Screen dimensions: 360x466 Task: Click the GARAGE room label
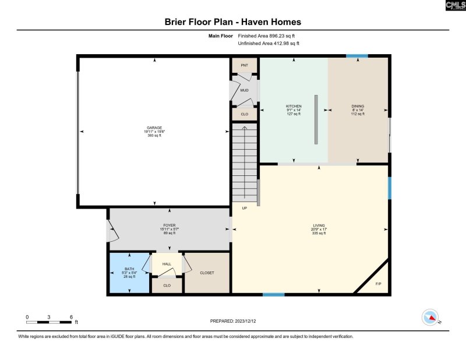point(154,128)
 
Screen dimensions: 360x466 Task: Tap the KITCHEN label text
point(294,106)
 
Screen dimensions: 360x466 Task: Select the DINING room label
point(358,106)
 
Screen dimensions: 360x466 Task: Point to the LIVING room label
point(319,225)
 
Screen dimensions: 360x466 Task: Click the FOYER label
point(170,225)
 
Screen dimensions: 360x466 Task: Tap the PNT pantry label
point(245,66)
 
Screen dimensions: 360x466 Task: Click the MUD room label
point(245,90)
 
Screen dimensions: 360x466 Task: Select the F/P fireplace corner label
point(378,284)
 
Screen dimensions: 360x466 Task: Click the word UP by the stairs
point(245,208)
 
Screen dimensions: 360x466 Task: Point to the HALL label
point(167,264)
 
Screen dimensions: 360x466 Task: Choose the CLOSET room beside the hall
point(207,272)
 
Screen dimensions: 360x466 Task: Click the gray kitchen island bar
point(316,119)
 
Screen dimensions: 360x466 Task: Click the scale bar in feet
point(49,321)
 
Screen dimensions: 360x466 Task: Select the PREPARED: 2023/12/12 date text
point(232,321)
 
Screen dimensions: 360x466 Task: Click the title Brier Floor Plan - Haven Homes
point(233,22)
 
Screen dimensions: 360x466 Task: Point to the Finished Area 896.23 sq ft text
point(269,36)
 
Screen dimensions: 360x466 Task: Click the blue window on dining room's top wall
point(356,56)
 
